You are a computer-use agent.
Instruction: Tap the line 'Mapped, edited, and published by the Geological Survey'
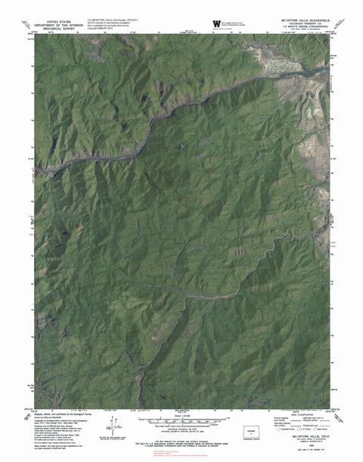(x=65, y=416)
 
